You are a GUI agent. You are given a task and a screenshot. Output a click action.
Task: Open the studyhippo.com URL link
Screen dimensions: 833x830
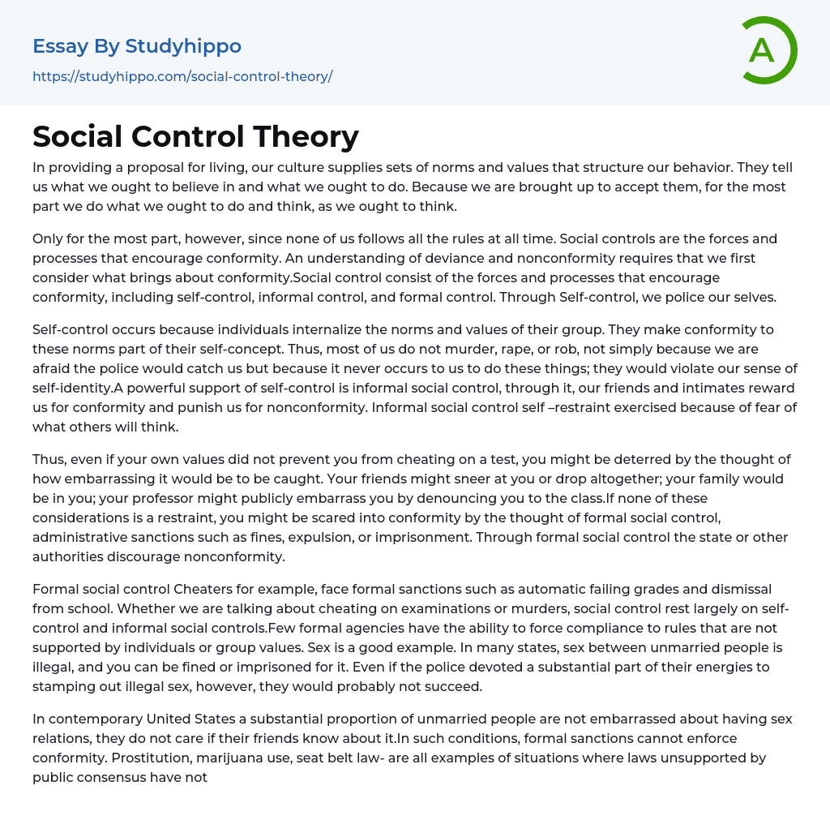(x=182, y=76)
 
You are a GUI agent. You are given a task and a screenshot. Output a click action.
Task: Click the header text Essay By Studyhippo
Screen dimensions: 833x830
(x=137, y=46)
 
